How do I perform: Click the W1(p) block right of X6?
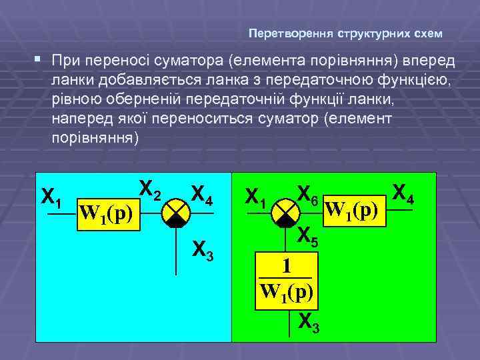coord(355,210)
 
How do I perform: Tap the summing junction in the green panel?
coord(287,213)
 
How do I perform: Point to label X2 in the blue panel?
coord(149,191)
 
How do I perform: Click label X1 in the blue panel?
coord(52,197)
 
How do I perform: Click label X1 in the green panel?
coord(256,197)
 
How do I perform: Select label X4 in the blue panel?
coord(201,195)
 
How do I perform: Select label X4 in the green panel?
coord(403,193)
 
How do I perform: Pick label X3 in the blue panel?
coord(201,249)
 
